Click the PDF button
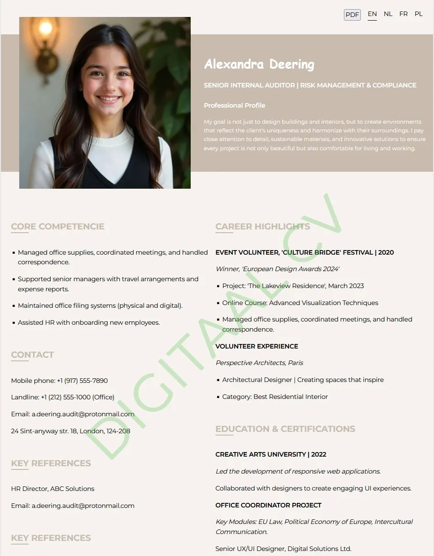pyautogui.click(x=352, y=15)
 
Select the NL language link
pyautogui.click(x=388, y=14)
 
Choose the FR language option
pyautogui.click(x=403, y=14)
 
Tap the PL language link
pyautogui.click(x=418, y=14)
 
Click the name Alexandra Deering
pyautogui.click(x=259, y=64)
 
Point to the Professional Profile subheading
pyautogui.click(x=234, y=105)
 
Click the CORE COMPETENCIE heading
pyautogui.click(x=58, y=226)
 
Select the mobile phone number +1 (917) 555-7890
pyautogui.click(x=82, y=381)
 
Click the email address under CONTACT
pyautogui.click(x=83, y=414)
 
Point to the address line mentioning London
pyautogui.click(x=70, y=431)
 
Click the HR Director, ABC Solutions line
pyautogui.click(x=53, y=489)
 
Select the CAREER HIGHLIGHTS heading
pyautogui.click(x=263, y=226)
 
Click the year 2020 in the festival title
pyautogui.click(x=386, y=252)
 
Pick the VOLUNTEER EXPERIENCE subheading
pyautogui.click(x=257, y=346)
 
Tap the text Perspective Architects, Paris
pyautogui.click(x=259, y=363)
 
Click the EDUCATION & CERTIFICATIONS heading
pyautogui.click(x=285, y=429)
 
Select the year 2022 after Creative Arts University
pyautogui.click(x=319, y=454)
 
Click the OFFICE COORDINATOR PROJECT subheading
pyautogui.click(x=268, y=505)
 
